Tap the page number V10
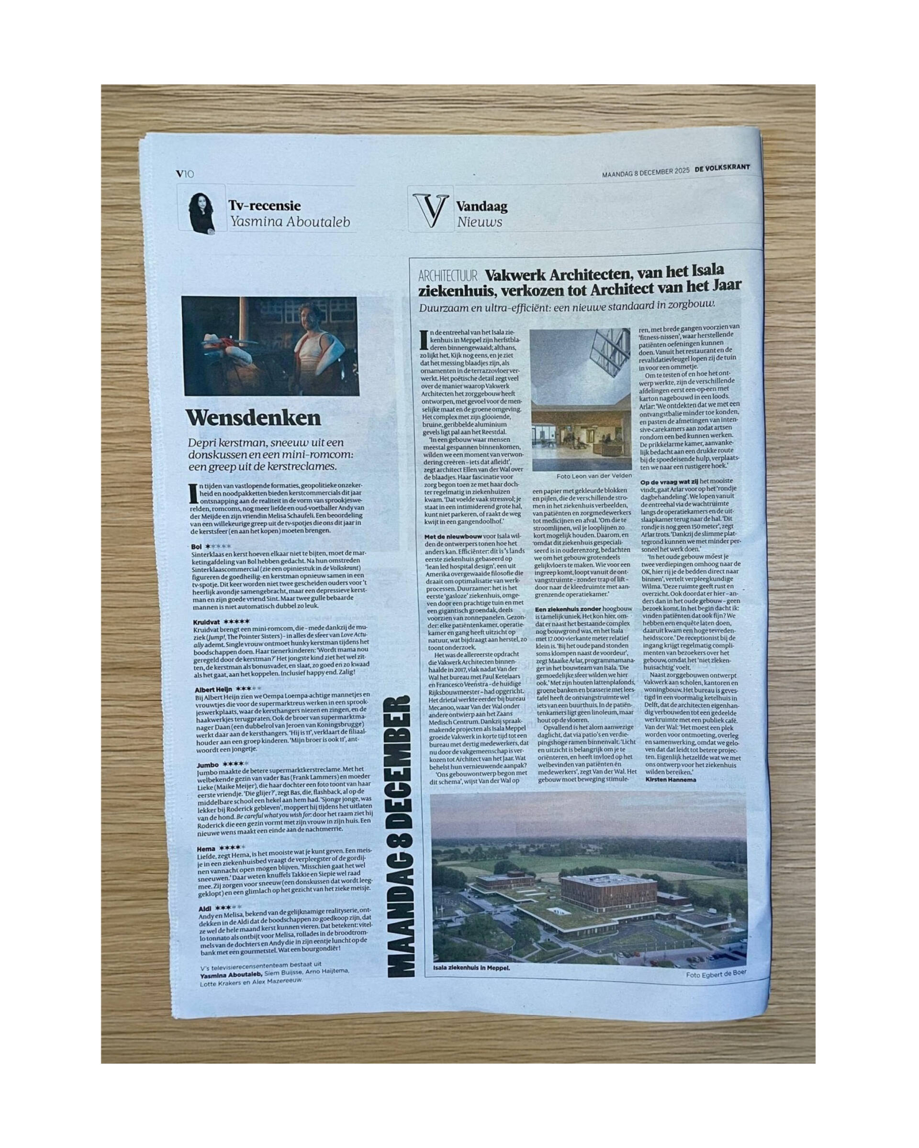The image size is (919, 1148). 185,174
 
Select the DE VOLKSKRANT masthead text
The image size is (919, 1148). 721,168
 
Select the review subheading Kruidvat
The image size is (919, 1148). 207,621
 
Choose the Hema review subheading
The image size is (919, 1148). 205,848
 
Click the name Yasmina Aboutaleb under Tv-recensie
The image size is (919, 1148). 289,222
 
